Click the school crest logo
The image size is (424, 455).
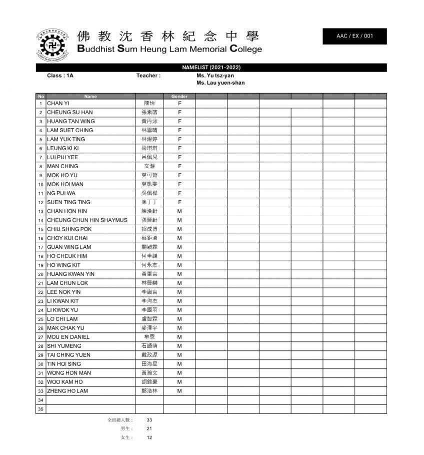[52, 46]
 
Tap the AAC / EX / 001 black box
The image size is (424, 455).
[354, 36]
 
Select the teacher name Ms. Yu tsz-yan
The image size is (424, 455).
[215, 76]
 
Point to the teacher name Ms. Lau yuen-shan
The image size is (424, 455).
[220, 83]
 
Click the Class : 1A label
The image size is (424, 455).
[60, 76]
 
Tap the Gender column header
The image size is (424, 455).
[179, 96]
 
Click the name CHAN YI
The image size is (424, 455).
[58, 103]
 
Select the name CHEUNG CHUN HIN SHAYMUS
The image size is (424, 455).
[87, 220]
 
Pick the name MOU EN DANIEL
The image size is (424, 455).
[68, 337]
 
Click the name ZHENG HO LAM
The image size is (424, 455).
[67, 391]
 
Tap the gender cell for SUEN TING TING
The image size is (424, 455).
[179, 202]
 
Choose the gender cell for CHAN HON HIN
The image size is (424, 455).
[179, 211]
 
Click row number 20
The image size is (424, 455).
[40, 274]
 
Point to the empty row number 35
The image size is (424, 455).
[40, 409]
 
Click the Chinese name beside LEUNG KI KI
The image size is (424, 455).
[149, 148]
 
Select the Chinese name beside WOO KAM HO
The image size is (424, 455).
[149, 382]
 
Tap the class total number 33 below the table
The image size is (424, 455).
[149, 420]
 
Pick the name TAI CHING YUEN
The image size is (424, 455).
[68, 355]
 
